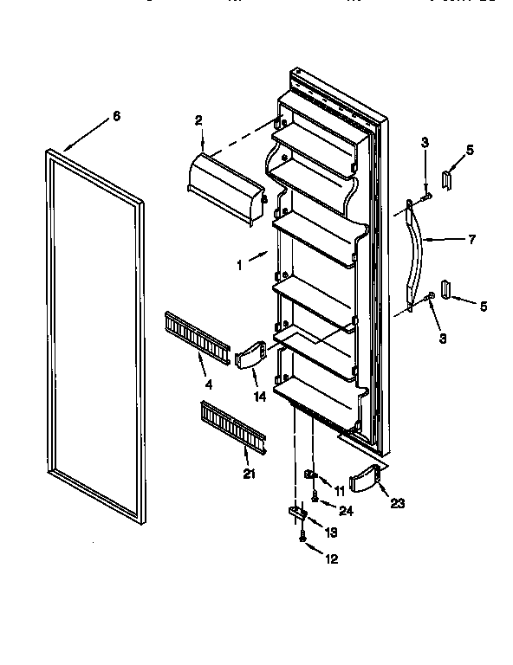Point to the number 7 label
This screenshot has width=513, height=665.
tap(471, 240)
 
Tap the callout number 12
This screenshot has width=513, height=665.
tap(332, 559)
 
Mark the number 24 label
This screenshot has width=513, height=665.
tap(347, 510)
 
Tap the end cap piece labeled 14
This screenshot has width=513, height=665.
tap(250, 355)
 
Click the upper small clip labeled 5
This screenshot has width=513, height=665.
tap(446, 179)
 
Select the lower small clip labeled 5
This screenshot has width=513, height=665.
tap(445, 289)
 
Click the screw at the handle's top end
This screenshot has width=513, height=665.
tap(426, 199)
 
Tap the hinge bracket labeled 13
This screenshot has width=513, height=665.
tap(296, 515)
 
